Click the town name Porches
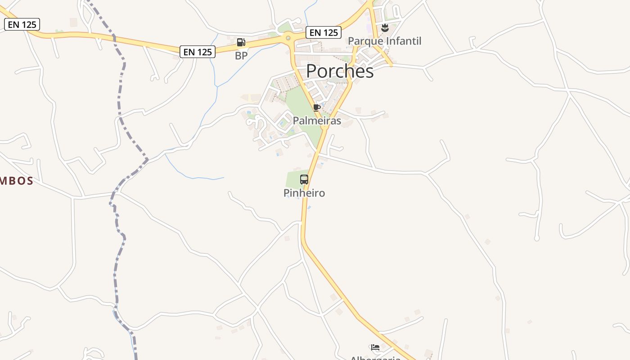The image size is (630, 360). (x=340, y=72)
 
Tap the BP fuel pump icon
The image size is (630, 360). (x=241, y=43)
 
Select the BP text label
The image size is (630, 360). (x=241, y=56)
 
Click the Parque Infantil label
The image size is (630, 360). (x=385, y=41)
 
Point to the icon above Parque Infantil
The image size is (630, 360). (x=385, y=28)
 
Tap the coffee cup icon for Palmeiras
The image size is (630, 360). (x=316, y=108)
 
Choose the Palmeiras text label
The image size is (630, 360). (x=317, y=121)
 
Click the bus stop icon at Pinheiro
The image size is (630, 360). (x=304, y=180)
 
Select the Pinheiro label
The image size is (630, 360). (x=304, y=193)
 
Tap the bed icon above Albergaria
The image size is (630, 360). (x=375, y=347)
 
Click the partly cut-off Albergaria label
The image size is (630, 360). (x=375, y=358)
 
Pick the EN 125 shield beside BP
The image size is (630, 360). (x=198, y=52)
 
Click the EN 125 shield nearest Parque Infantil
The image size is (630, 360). (x=324, y=32)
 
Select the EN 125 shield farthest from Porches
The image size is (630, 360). (x=22, y=24)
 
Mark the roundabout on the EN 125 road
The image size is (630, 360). (x=288, y=38)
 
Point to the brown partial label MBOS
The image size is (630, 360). (x=17, y=181)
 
